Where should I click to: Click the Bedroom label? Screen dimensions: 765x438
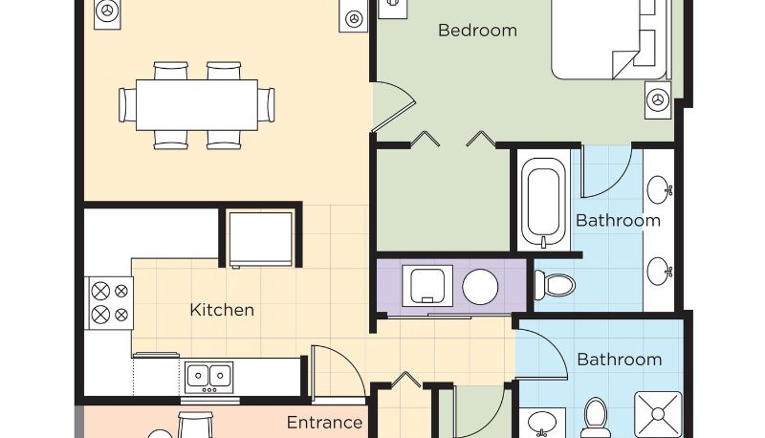(x=477, y=31)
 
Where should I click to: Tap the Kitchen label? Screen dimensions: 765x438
(x=222, y=310)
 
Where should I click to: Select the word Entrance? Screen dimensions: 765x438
(x=324, y=423)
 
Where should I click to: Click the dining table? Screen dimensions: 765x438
(x=197, y=105)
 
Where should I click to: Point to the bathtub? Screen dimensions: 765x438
(x=543, y=202)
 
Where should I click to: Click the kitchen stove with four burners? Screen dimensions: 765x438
(x=109, y=303)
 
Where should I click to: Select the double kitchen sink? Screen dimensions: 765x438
(x=208, y=377)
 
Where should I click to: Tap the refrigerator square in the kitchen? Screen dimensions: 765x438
(x=261, y=238)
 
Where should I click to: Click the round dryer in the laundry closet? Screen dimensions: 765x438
(x=480, y=287)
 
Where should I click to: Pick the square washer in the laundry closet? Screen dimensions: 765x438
(x=427, y=286)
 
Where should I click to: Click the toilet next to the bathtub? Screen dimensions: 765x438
(x=555, y=285)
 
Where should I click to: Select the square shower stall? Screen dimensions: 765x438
(x=658, y=414)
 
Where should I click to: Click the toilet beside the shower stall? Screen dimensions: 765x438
(x=596, y=418)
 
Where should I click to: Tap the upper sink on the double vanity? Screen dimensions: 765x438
(x=659, y=189)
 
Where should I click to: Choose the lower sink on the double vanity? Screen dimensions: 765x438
(x=659, y=272)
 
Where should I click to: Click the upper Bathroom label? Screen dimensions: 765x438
(x=618, y=221)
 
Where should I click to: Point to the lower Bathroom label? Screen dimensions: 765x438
(x=619, y=360)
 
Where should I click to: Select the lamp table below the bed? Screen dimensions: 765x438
(x=658, y=100)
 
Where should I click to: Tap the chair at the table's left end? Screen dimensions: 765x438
(x=127, y=105)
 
